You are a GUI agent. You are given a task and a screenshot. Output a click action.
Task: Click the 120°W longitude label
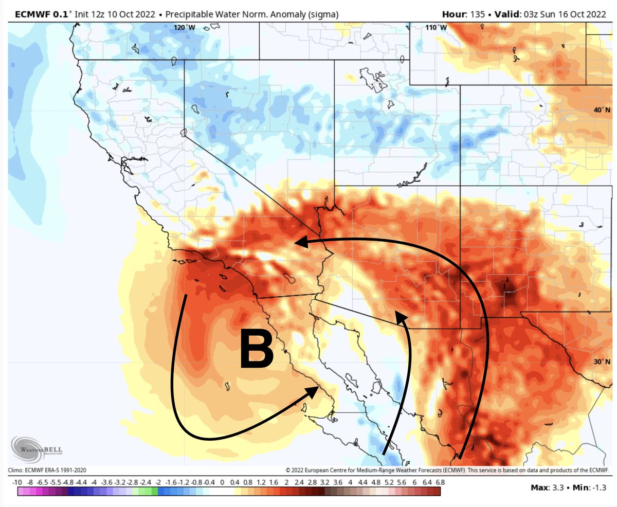coord(185,27)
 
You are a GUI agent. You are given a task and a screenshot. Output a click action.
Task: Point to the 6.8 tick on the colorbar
coord(440,482)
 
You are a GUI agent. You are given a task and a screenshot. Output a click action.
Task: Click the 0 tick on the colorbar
coord(222,482)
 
